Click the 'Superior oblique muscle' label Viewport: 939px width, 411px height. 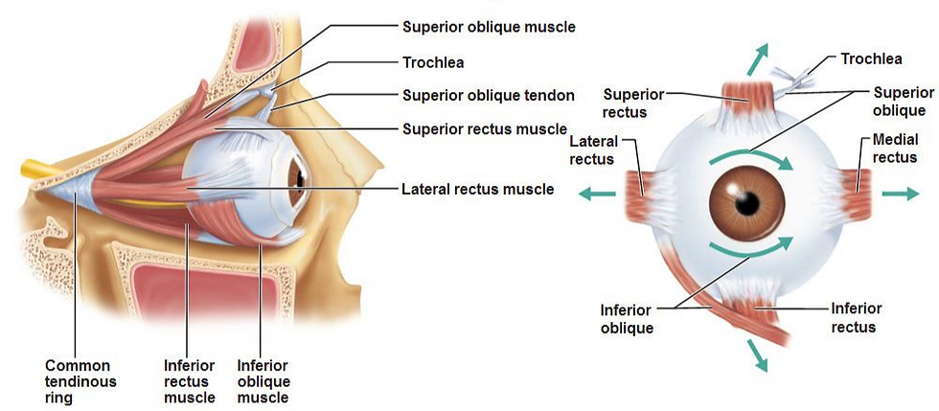[489, 27]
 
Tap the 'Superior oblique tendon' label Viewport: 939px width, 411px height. [488, 95]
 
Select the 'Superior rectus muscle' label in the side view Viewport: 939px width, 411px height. [485, 128]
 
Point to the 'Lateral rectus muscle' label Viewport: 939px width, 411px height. [477, 189]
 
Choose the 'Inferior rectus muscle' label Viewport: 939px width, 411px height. [190, 381]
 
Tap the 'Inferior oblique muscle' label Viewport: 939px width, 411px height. [263, 381]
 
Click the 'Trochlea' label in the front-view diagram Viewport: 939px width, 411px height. [871, 59]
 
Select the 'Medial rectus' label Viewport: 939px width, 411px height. [895, 149]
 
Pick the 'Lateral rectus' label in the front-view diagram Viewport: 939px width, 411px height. [591, 150]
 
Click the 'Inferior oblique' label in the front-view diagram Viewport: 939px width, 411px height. [627, 319]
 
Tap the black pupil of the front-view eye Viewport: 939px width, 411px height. [746, 202]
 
